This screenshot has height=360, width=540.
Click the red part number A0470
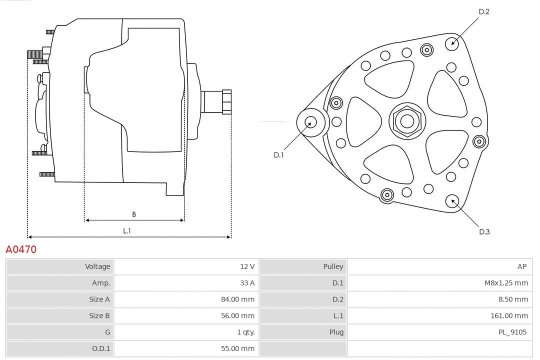21,249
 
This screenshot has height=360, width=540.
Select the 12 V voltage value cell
246,266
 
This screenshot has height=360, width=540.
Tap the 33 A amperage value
246,283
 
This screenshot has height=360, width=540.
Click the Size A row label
99,299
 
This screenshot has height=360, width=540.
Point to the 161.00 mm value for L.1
509,315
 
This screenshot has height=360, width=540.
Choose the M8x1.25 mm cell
505,283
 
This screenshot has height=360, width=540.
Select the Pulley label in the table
333,266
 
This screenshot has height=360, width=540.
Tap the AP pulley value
521,266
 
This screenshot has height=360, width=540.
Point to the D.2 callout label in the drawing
483,11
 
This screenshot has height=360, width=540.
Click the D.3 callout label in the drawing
484,231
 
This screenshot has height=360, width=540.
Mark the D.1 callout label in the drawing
278,155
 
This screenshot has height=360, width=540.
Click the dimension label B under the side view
134,214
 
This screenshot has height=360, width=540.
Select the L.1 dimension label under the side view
127,230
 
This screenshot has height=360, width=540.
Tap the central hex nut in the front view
407,121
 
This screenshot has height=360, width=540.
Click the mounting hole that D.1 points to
310,121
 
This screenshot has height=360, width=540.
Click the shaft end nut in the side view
226,102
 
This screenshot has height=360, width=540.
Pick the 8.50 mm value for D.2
513,299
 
